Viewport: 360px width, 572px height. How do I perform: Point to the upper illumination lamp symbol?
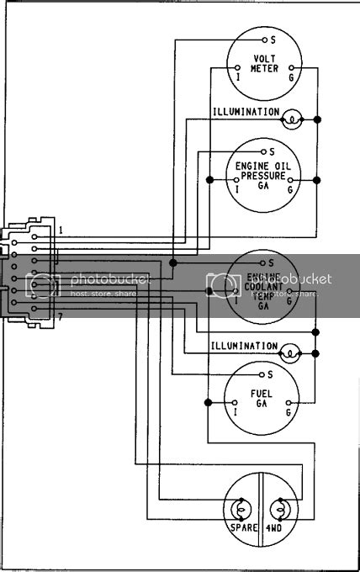(290, 119)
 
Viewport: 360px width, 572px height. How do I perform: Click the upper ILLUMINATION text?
(245, 111)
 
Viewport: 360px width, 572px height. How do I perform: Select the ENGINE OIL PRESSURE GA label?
(263, 175)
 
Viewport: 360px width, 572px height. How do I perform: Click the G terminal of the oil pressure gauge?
(290, 188)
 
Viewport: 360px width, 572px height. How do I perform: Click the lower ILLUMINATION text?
(245, 346)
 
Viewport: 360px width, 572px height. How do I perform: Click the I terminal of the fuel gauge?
(236, 411)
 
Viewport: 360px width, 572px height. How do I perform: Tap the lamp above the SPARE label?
(239, 508)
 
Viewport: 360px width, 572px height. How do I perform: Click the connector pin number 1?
(60, 229)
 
